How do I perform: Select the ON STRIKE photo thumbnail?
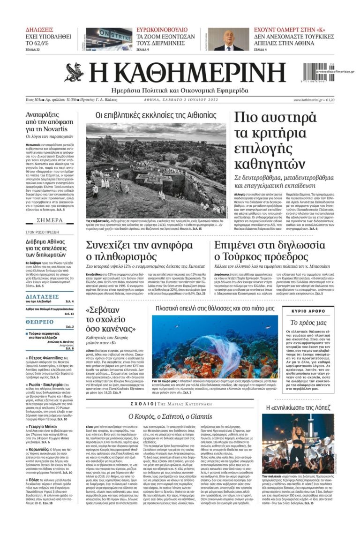[x=109, y=39]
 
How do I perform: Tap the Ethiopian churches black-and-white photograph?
[x=156, y=170]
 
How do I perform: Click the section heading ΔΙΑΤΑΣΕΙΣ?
[x=42, y=297]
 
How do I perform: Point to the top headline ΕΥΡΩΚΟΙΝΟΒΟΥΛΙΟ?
[x=162, y=29]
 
